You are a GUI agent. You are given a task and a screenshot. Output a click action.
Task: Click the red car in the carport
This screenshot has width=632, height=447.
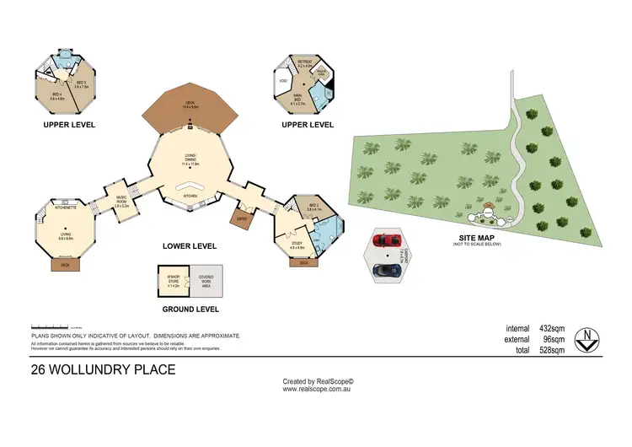tap(388, 239)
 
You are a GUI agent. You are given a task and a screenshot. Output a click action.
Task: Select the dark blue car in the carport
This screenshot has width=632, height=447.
tap(388, 270)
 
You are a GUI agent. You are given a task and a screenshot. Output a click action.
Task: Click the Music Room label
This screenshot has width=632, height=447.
tap(121, 200)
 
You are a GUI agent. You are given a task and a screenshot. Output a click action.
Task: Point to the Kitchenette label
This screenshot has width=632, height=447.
tap(66, 207)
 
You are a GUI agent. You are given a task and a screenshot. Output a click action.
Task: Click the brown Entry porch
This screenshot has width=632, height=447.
tap(244, 218)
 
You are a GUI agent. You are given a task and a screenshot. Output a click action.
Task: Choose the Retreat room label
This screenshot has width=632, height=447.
tap(305, 62)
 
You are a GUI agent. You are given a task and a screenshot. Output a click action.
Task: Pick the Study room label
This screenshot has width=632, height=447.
tap(297, 245)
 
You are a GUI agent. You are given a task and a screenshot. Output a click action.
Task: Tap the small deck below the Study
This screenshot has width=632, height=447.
tap(304, 262)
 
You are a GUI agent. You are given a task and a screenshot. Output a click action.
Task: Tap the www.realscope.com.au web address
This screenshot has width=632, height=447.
tap(317, 389)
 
